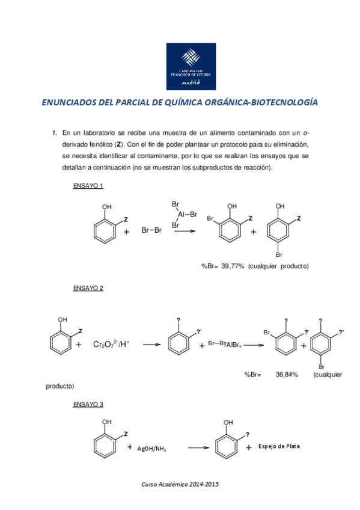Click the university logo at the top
[x=191, y=66]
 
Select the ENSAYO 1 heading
[x=88, y=186]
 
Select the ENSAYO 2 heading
[x=88, y=288]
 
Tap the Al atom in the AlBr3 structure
[x=181, y=214]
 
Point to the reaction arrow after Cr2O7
[x=151, y=345]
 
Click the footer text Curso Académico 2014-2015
[x=180, y=484]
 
